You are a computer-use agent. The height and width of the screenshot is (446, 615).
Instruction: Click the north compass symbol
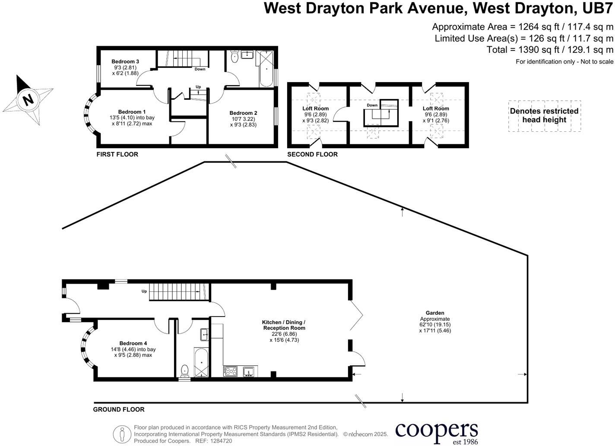point(28,100)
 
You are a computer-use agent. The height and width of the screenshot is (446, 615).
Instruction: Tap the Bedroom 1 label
point(132,112)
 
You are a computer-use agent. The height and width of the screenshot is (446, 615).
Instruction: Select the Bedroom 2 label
point(243,113)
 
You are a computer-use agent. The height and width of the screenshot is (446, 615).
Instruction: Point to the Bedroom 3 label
point(125,62)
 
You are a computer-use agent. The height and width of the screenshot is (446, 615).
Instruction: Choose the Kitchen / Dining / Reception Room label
point(284,325)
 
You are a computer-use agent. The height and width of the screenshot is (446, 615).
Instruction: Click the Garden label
point(434,313)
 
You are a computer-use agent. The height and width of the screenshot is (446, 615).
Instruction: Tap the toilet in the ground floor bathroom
point(185,370)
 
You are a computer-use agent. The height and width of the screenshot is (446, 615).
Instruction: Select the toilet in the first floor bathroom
point(235,57)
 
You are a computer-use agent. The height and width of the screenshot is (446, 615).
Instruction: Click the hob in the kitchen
point(230,371)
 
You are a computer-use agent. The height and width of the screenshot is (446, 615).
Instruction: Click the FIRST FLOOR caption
point(117,154)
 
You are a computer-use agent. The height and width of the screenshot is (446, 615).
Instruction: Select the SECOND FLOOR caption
point(312,154)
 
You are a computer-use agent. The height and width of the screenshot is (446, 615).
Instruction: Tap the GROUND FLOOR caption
point(119,409)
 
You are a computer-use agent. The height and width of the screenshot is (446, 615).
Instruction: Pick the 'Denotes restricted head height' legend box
point(544,116)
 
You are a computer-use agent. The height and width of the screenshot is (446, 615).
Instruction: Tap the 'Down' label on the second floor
point(372,105)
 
